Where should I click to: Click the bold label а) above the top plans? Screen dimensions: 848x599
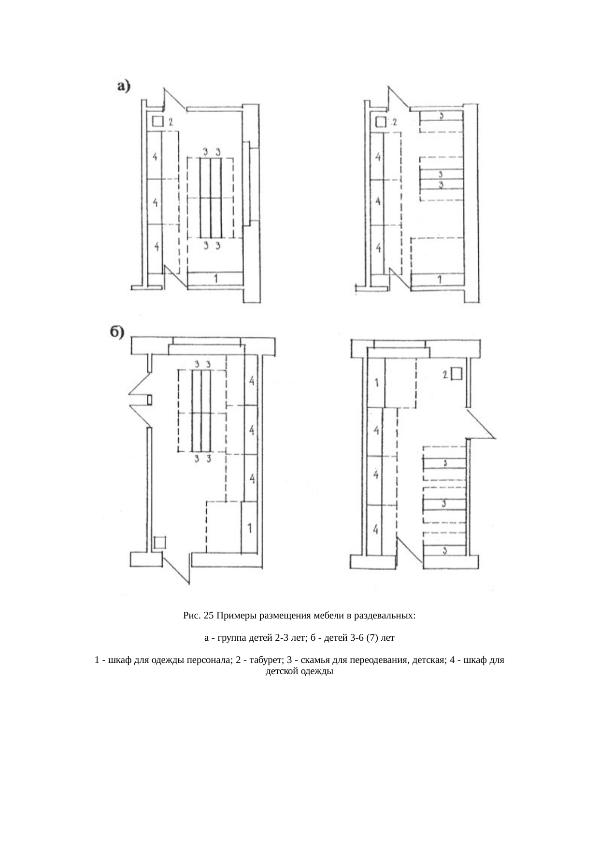pos(124,86)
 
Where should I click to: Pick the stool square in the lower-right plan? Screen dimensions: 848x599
pos(456,374)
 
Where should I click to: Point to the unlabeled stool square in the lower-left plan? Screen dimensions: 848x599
pos(159,542)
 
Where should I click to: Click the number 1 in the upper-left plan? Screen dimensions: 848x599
pos(215,278)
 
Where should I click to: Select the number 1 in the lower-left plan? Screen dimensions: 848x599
pos(249,528)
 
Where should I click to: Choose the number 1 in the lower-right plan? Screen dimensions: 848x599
pos(376,383)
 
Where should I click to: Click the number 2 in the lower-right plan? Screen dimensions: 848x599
pos(445,374)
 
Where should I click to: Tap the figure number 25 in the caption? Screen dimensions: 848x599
pos(209,616)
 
